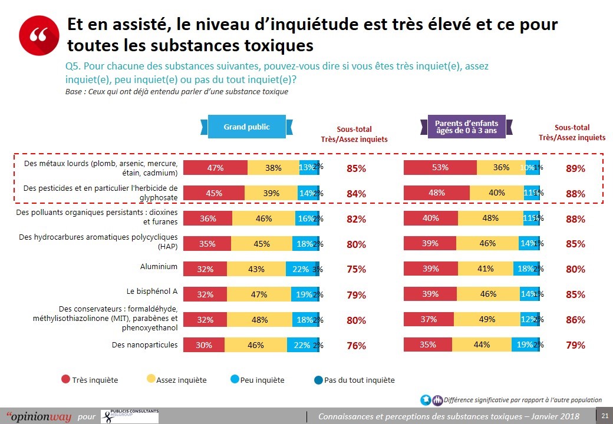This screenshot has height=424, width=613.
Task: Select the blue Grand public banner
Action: pyautogui.click(x=246, y=127)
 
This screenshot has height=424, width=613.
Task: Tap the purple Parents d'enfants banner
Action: pyautogui.click(x=466, y=127)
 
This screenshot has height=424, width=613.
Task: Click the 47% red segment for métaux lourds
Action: pyautogui.click(x=215, y=168)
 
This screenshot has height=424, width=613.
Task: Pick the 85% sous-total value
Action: pyautogui.click(x=356, y=168)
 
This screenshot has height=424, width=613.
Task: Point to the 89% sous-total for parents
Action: pyautogui.click(x=575, y=168)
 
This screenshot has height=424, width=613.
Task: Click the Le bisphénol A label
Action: pyautogui.click(x=152, y=291)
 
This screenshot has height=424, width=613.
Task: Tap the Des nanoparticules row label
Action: pyautogui.click(x=144, y=345)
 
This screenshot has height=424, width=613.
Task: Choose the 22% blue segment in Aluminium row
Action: pyautogui.click(x=300, y=269)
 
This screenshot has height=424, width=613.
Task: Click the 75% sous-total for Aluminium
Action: pyautogui.click(x=356, y=270)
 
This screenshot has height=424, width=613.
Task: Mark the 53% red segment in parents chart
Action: pyautogui.click(x=440, y=168)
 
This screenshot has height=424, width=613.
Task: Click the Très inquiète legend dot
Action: pyautogui.click(x=66, y=380)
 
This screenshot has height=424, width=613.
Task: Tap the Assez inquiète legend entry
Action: pyautogui.click(x=176, y=380)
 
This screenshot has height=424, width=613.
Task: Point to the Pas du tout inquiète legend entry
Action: pyautogui.click(x=354, y=380)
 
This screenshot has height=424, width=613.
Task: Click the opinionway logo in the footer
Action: pyautogui.click(x=39, y=416)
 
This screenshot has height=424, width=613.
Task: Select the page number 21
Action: pyautogui.click(x=605, y=416)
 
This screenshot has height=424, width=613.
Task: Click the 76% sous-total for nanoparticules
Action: pyautogui.click(x=356, y=346)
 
